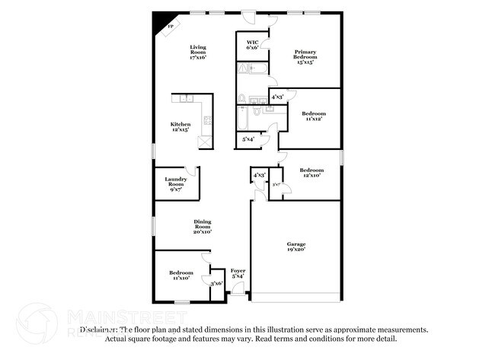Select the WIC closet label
252,42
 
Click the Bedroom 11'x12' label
310,116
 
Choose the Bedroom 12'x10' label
310,172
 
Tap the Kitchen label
180,124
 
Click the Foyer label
238,271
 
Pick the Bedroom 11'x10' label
180,275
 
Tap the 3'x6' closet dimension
216,284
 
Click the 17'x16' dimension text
198,57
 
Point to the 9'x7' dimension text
176,189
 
